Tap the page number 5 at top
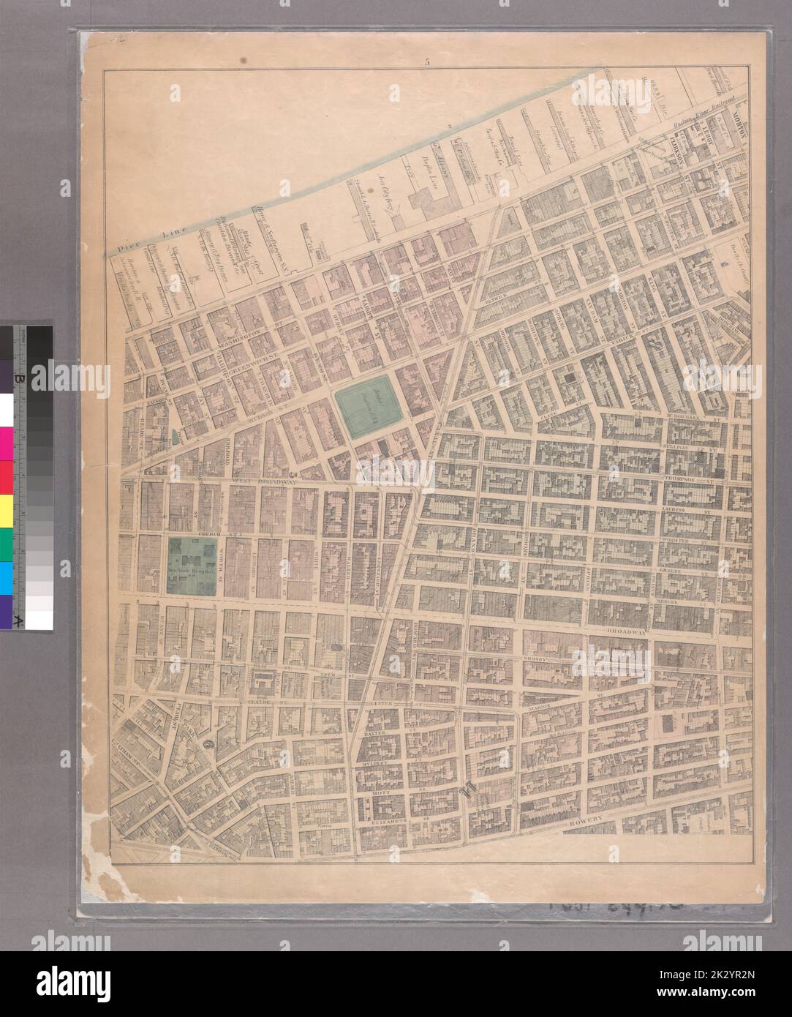[426, 62]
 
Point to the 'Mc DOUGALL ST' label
[691, 421]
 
